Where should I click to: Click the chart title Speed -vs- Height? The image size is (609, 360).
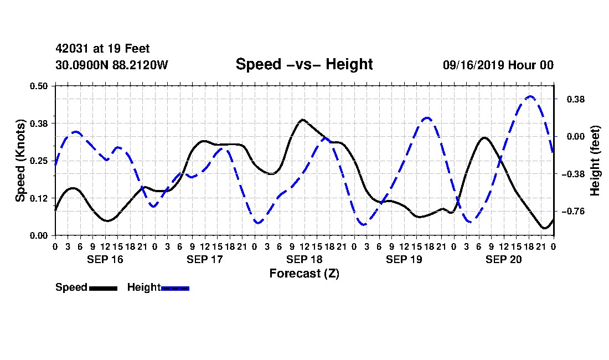pos(304,64)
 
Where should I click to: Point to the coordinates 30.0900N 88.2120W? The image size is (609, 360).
pos(111,65)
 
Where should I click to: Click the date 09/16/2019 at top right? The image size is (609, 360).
pos(473,65)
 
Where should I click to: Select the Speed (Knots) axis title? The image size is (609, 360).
pos(20,161)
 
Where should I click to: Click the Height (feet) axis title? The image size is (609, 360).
pos(595,161)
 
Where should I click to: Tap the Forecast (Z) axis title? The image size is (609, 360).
pos(304,274)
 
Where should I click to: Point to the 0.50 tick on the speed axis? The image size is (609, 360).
pos(38,86)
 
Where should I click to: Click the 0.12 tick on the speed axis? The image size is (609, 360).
pos(38,198)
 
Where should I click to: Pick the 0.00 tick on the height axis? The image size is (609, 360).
pos(576,136)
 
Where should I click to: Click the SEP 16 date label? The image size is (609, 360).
pos(105,259)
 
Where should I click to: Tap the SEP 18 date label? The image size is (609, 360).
pos(304,259)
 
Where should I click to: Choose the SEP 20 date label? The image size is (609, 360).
pos(503,259)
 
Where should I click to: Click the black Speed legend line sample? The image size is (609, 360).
pos(103,288)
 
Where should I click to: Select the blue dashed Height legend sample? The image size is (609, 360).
pos(175,288)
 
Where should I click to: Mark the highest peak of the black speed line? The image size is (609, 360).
pos(303,120)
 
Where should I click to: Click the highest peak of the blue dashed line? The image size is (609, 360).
pos(530,96)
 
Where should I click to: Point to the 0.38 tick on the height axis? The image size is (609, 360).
pos(576,100)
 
